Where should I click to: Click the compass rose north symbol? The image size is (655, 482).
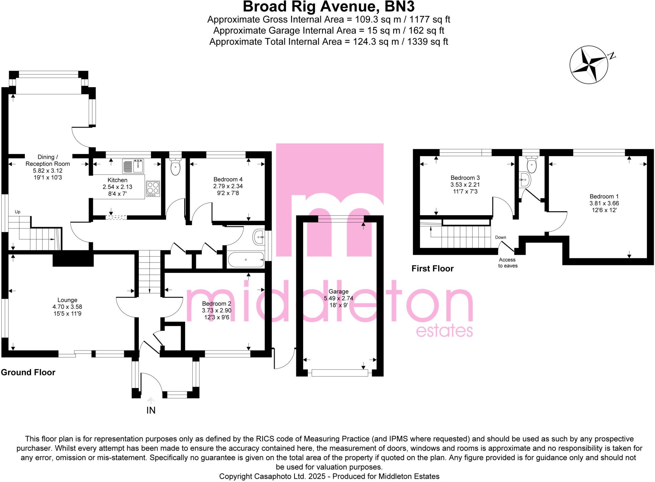(x=588, y=65)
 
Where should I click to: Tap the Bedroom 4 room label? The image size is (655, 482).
(x=228, y=179)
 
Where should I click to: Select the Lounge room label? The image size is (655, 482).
(x=67, y=300)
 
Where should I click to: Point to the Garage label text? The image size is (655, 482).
(x=338, y=292)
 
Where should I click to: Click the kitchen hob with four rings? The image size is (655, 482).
(x=153, y=189)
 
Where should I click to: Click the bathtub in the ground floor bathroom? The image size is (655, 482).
(x=246, y=260)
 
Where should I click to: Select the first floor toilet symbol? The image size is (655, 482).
(x=531, y=165)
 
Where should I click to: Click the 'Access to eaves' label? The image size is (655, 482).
(x=508, y=263)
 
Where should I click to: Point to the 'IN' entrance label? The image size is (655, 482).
(x=151, y=410)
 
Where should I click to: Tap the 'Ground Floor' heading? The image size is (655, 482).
(x=28, y=372)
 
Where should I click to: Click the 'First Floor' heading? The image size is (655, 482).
(x=432, y=268)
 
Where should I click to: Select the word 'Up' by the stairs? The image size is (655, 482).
(x=18, y=212)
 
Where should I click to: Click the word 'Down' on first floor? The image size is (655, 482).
(x=501, y=237)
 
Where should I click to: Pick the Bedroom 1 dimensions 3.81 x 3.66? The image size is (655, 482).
(x=604, y=203)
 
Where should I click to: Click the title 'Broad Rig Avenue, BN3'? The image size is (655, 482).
(x=328, y=7)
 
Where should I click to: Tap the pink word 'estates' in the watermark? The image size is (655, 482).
(x=444, y=331)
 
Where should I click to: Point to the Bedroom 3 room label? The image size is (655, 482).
(x=465, y=178)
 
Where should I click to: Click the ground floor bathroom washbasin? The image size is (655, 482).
(x=258, y=237)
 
